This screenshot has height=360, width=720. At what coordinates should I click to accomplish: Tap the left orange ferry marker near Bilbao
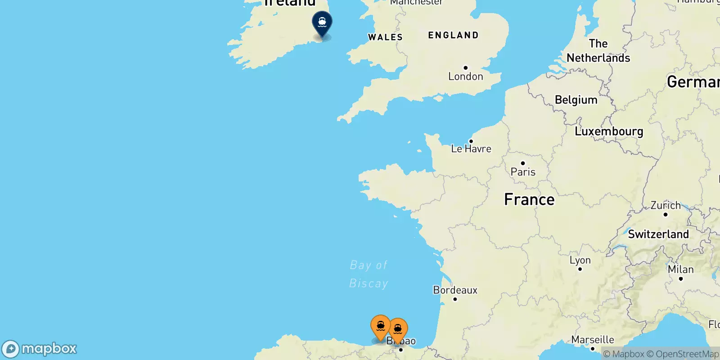380,326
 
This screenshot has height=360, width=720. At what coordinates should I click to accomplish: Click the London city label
465,76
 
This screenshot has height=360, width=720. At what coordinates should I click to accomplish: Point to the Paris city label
523,171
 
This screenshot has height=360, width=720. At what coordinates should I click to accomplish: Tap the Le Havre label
471,148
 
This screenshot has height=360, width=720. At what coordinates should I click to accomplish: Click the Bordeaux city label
455,290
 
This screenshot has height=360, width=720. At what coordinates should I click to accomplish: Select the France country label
529,199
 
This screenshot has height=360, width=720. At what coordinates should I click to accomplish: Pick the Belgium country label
576,100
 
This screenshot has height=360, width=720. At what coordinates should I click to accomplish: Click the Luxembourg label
609,131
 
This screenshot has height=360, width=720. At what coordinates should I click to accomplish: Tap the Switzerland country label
658,234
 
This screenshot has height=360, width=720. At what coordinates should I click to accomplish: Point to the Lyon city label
580,260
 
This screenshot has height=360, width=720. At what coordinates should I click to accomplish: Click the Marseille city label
593,340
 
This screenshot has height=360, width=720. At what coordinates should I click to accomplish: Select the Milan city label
680,270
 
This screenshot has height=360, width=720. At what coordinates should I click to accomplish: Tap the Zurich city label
666,206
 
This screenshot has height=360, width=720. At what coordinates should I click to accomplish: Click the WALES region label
385,37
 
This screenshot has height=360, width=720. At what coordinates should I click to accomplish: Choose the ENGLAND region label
453,35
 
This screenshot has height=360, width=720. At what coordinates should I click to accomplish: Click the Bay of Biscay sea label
369,274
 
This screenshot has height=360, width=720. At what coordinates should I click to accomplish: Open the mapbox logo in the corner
40,349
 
